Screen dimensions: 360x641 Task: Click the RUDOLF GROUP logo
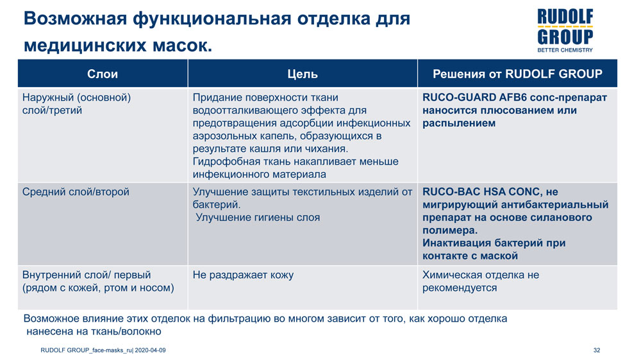[564, 28]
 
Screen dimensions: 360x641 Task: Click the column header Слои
[103, 74]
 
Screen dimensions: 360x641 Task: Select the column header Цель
[303, 74]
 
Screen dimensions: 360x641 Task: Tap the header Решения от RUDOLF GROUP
[517, 74]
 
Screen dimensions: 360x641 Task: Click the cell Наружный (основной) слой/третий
[77, 104]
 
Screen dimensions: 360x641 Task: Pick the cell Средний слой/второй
[75, 192]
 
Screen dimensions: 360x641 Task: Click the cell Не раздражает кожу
[243, 275]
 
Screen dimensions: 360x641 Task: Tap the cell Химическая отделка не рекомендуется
[481, 281]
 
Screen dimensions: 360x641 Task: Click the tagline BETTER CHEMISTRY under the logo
[564, 49]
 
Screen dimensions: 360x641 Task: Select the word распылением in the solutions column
[459, 123]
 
